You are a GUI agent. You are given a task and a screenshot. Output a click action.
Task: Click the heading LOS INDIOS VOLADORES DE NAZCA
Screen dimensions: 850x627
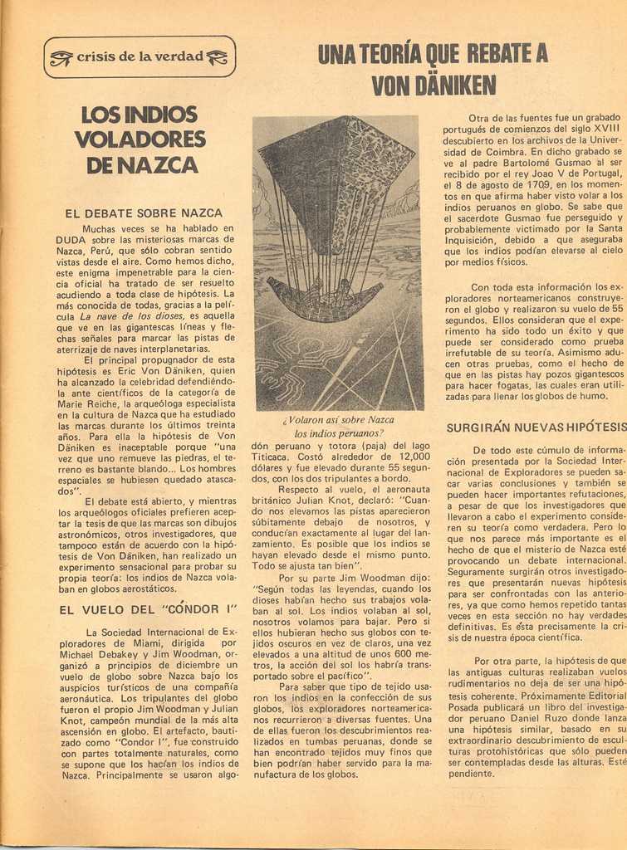click(x=140, y=139)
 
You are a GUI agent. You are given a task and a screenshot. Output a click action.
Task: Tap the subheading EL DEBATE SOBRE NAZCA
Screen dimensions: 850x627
click(x=144, y=213)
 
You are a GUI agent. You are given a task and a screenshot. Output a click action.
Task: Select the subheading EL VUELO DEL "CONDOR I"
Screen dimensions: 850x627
click(x=149, y=609)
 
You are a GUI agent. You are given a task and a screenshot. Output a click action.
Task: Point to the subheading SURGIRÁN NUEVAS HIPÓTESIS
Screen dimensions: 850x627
click(x=536, y=427)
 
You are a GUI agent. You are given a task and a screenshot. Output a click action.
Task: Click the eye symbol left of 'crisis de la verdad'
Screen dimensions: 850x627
click(x=61, y=57)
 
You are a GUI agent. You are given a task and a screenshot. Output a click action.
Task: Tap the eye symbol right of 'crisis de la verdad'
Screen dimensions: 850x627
click(x=217, y=57)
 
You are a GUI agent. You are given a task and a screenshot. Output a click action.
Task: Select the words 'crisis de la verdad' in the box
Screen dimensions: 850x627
click(x=140, y=56)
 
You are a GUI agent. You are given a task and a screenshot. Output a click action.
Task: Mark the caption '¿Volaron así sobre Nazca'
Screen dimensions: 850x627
click(x=338, y=419)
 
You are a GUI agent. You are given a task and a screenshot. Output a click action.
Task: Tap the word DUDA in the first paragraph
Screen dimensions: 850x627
click(x=71, y=239)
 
